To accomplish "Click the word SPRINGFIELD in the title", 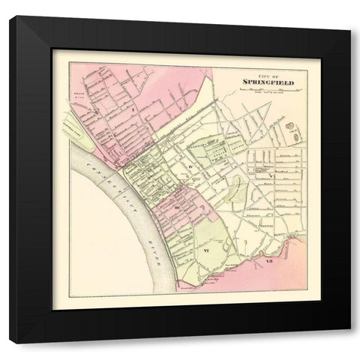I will pos(259,79).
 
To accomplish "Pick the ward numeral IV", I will pos(192,160).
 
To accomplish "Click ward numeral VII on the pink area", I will pos(268,262).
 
